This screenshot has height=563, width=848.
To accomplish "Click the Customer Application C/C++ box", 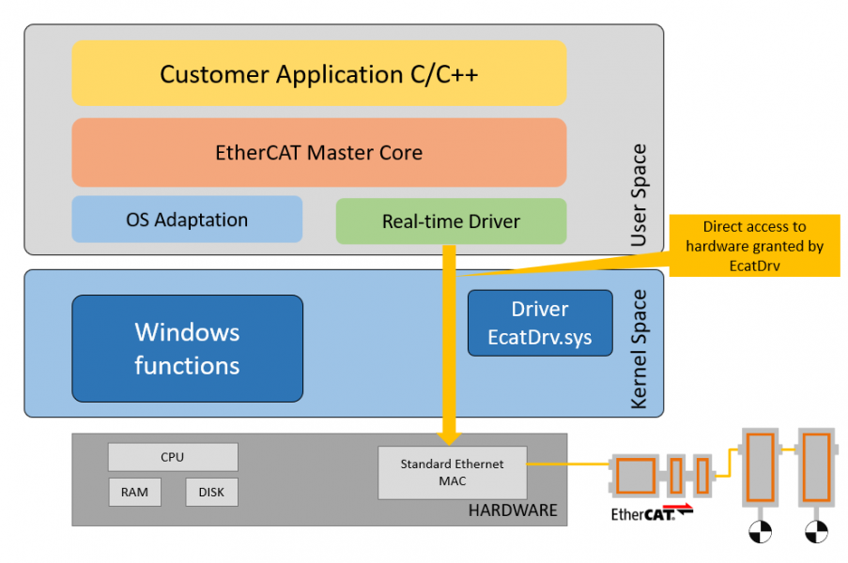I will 319,73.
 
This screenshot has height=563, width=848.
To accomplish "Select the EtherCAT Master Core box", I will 319,152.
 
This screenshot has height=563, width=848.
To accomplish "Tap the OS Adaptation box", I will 187,220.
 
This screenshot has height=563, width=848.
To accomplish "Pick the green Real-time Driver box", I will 451,221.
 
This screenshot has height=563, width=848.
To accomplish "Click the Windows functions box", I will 187,348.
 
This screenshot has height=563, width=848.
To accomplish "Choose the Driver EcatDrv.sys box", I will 540,323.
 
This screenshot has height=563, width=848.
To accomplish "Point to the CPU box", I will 173,457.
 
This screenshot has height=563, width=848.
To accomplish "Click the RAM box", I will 134,492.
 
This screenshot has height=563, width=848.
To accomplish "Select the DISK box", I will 211,492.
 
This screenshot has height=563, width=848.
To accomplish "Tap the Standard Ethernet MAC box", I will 452,472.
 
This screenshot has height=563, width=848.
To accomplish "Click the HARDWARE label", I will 513,510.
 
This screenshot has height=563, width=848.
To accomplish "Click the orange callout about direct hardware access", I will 754,245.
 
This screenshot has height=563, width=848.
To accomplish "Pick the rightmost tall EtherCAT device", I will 816,466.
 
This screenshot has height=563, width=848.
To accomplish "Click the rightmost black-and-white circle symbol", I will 816,532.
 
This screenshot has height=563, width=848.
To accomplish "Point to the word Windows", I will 187,332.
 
